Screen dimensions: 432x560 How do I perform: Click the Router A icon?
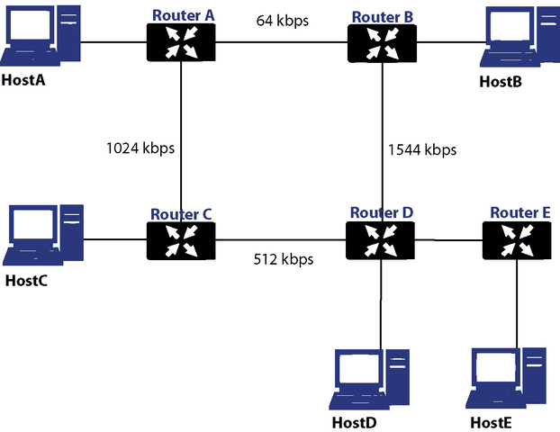point(182,41)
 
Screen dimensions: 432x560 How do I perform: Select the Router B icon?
point(382,41)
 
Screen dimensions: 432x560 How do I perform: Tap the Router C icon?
point(182,240)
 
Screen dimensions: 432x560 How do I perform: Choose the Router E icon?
point(516,240)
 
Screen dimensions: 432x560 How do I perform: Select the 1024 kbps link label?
point(140,147)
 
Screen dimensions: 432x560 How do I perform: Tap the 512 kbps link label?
point(283,260)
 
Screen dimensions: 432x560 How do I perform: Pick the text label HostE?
point(494,422)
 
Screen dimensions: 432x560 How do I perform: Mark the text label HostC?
point(27,280)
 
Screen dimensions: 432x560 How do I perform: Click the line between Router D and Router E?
point(449,240)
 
